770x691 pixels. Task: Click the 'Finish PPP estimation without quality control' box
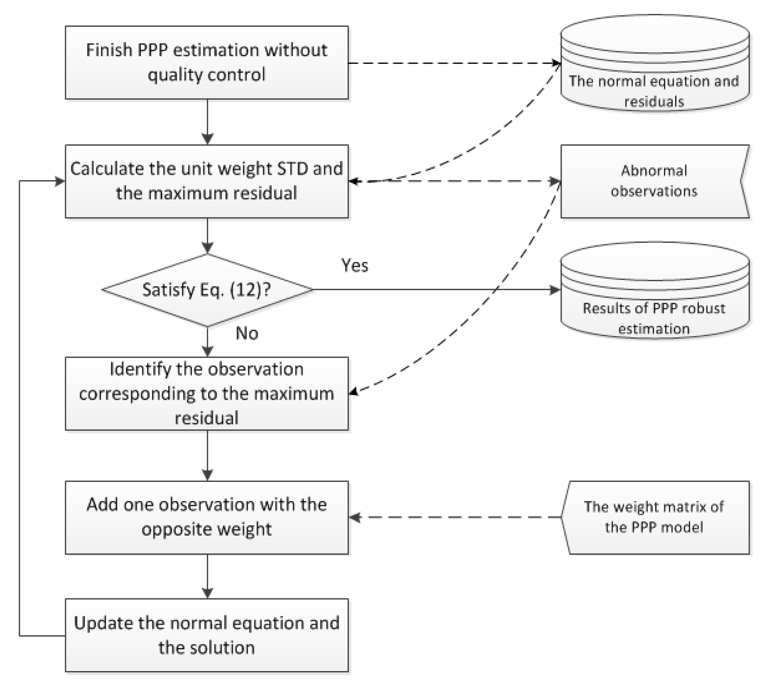207,63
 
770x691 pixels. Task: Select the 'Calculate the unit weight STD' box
207,181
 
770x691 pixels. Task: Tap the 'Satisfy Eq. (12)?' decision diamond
207,290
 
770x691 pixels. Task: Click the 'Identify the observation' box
207,393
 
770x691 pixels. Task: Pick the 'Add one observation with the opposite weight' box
207,517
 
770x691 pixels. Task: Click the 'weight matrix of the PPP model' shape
655,517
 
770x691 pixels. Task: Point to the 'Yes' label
355,265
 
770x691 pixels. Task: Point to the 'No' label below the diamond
247,333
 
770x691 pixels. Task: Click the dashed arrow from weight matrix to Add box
456,517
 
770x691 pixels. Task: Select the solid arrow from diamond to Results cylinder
437,290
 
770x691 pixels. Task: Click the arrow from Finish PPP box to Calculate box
207,122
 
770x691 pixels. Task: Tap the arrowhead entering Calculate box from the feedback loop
60,181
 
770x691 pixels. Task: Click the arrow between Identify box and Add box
207,456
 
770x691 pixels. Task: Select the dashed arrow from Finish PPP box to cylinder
456,63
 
